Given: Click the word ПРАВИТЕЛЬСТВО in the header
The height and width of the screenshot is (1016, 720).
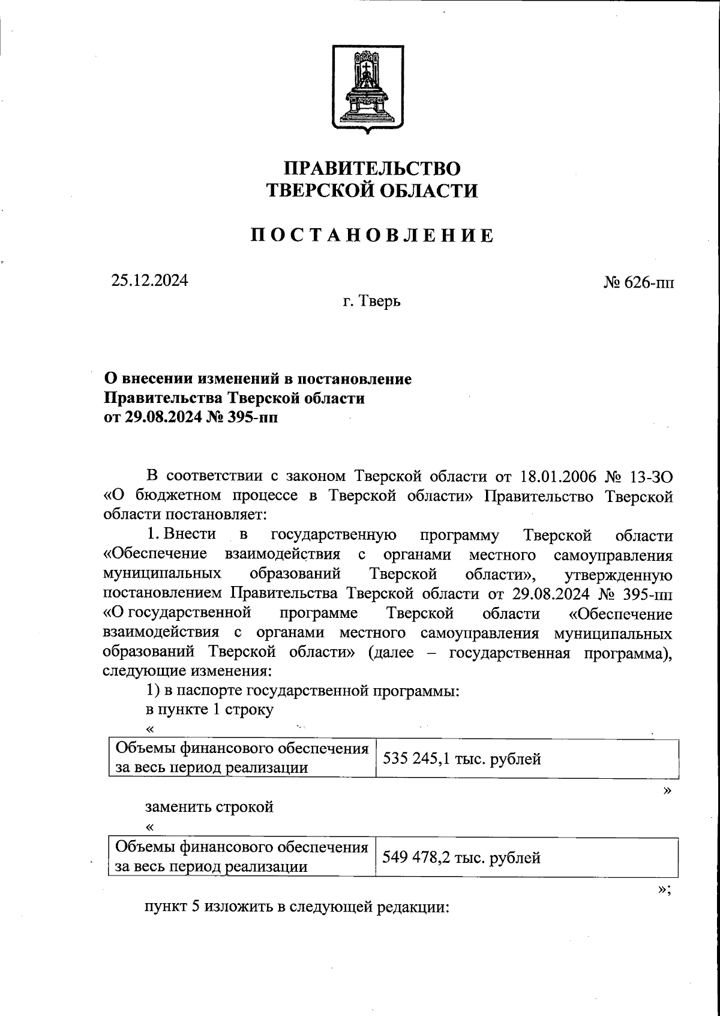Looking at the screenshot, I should click(x=371, y=168).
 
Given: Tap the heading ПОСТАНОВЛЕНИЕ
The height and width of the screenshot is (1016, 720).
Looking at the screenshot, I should click(x=372, y=235).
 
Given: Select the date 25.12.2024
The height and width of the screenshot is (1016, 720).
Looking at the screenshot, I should click(x=149, y=280).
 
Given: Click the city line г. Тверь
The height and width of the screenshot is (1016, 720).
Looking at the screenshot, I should click(x=372, y=301).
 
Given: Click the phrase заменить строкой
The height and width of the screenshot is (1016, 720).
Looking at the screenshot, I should click(x=209, y=806).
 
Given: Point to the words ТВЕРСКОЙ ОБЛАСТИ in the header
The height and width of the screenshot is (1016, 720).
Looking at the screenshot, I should click(x=372, y=191).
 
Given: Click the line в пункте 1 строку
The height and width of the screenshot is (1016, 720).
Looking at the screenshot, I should click(x=209, y=710).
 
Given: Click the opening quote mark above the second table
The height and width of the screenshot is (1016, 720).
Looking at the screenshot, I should click(x=150, y=827).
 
